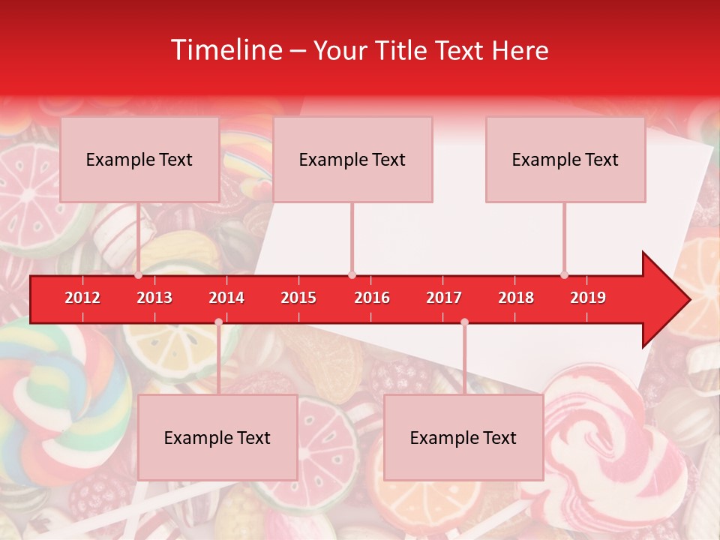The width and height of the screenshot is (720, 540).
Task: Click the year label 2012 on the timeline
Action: pyautogui.click(x=82, y=298)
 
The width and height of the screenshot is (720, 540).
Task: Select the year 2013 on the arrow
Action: pyautogui.click(x=154, y=298)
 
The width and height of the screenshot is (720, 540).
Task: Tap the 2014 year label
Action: pyautogui.click(x=226, y=298)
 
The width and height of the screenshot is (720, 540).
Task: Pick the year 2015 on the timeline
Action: pyautogui.click(x=298, y=298)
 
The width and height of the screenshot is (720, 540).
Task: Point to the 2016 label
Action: pyautogui.click(x=372, y=298)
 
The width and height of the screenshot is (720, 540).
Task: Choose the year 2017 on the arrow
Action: pyautogui.click(x=444, y=298)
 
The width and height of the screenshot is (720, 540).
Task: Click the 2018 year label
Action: pyautogui.click(x=516, y=298)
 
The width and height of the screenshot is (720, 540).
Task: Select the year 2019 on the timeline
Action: pyautogui.click(x=588, y=298)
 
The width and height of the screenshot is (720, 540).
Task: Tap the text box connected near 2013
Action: pyautogui.click(x=139, y=160)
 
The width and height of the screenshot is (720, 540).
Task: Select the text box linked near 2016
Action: pyautogui.click(x=352, y=160)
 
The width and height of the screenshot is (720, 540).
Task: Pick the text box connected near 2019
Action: pyautogui.click(x=565, y=160)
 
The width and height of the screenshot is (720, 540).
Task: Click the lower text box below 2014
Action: pyautogui.click(x=217, y=438)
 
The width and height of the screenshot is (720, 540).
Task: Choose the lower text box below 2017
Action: pyautogui.click(x=463, y=438)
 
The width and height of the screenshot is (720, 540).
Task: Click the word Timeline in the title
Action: pyautogui.click(x=225, y=50)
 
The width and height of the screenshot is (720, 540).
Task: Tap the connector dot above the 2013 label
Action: pyautogui.click(x=139, y=275)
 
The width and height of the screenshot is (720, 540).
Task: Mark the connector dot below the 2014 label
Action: pyautogui.click(x=218, y=322)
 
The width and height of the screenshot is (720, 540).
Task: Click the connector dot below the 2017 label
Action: pyautogui.click(x=464, y=322)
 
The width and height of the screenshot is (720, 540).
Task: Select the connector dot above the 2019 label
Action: pyautogui.click(x=564, y=275)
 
